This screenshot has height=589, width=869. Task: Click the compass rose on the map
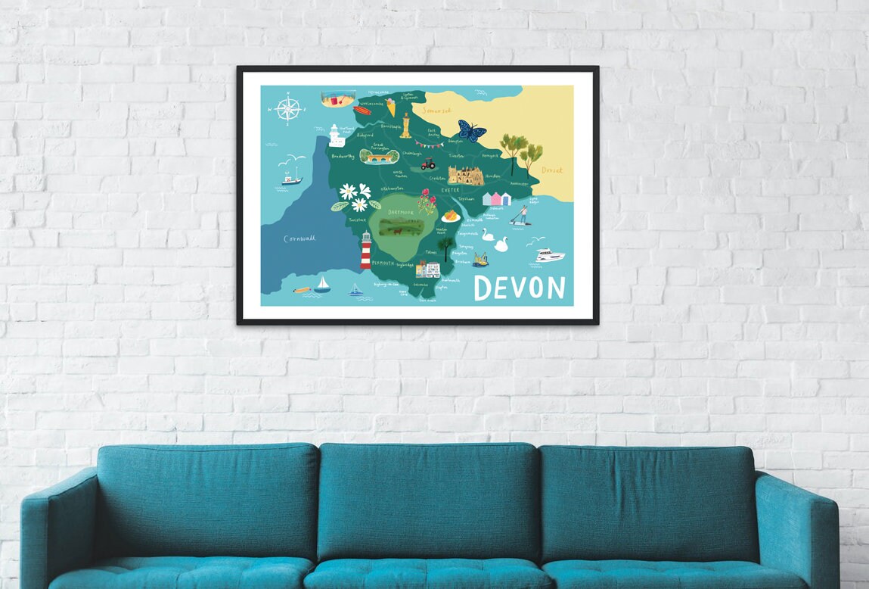pos(288,109)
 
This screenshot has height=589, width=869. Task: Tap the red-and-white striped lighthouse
pos(366,251)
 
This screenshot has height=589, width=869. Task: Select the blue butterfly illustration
pos(471,132)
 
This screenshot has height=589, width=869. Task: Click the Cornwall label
pos(299,238)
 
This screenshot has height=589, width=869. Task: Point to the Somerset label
pos(436,111)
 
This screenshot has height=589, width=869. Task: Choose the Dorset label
pos(552,170)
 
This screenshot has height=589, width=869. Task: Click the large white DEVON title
pos(520,288)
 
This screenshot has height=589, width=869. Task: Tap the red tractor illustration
pos(429,163)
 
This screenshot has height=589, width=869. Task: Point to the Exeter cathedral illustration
pos(465,176)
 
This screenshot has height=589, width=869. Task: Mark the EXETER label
pos(451,190)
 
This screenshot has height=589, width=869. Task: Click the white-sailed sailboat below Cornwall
pos(323,285)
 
